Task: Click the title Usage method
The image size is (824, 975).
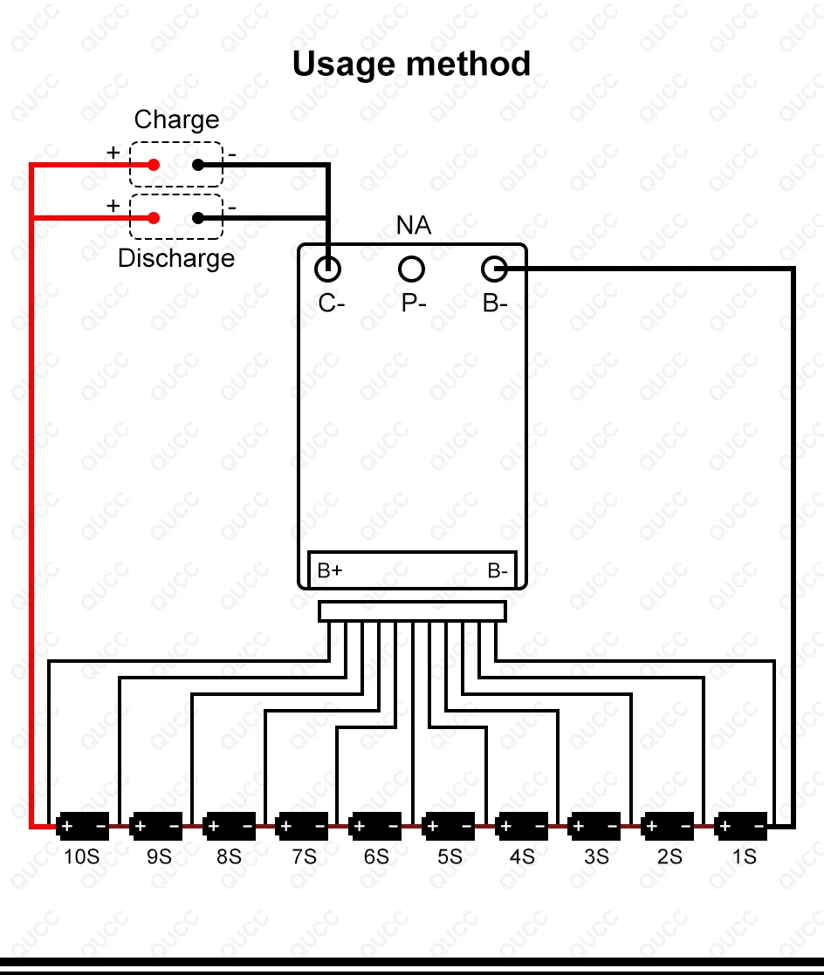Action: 411,65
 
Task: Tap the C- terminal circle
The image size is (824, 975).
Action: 327,269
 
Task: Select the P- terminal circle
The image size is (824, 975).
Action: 411,269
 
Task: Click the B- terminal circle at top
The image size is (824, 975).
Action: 494,269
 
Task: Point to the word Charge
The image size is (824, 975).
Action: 176,119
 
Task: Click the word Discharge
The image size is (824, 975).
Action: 176,258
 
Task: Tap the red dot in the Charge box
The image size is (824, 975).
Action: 154,165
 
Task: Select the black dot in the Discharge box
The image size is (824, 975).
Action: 198,218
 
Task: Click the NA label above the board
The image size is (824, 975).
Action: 414,227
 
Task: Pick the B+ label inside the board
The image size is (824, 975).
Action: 329,571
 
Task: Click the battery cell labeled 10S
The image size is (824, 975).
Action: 82,825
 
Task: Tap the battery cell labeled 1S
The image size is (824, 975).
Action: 741,825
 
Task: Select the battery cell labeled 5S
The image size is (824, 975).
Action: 449,825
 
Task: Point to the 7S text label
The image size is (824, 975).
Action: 303,857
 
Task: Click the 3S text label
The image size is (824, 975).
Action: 596,857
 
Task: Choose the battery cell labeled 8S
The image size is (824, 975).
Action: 229,825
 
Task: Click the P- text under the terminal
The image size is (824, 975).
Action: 414,303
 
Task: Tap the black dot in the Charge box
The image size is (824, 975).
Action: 198,165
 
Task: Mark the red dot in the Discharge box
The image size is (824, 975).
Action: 154,218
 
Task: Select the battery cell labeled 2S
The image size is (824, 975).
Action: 668,825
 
